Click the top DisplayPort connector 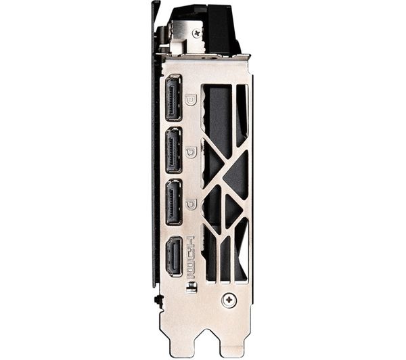click(x=173, y=98)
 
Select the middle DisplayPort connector click(x=174, y=150)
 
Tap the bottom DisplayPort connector click(x=174, y=202)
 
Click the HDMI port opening click(x=174, y=256)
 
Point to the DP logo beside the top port click(x=191, y=99)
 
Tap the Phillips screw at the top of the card click(x=198, y=33)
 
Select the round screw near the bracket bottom click(x=229, y=300)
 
